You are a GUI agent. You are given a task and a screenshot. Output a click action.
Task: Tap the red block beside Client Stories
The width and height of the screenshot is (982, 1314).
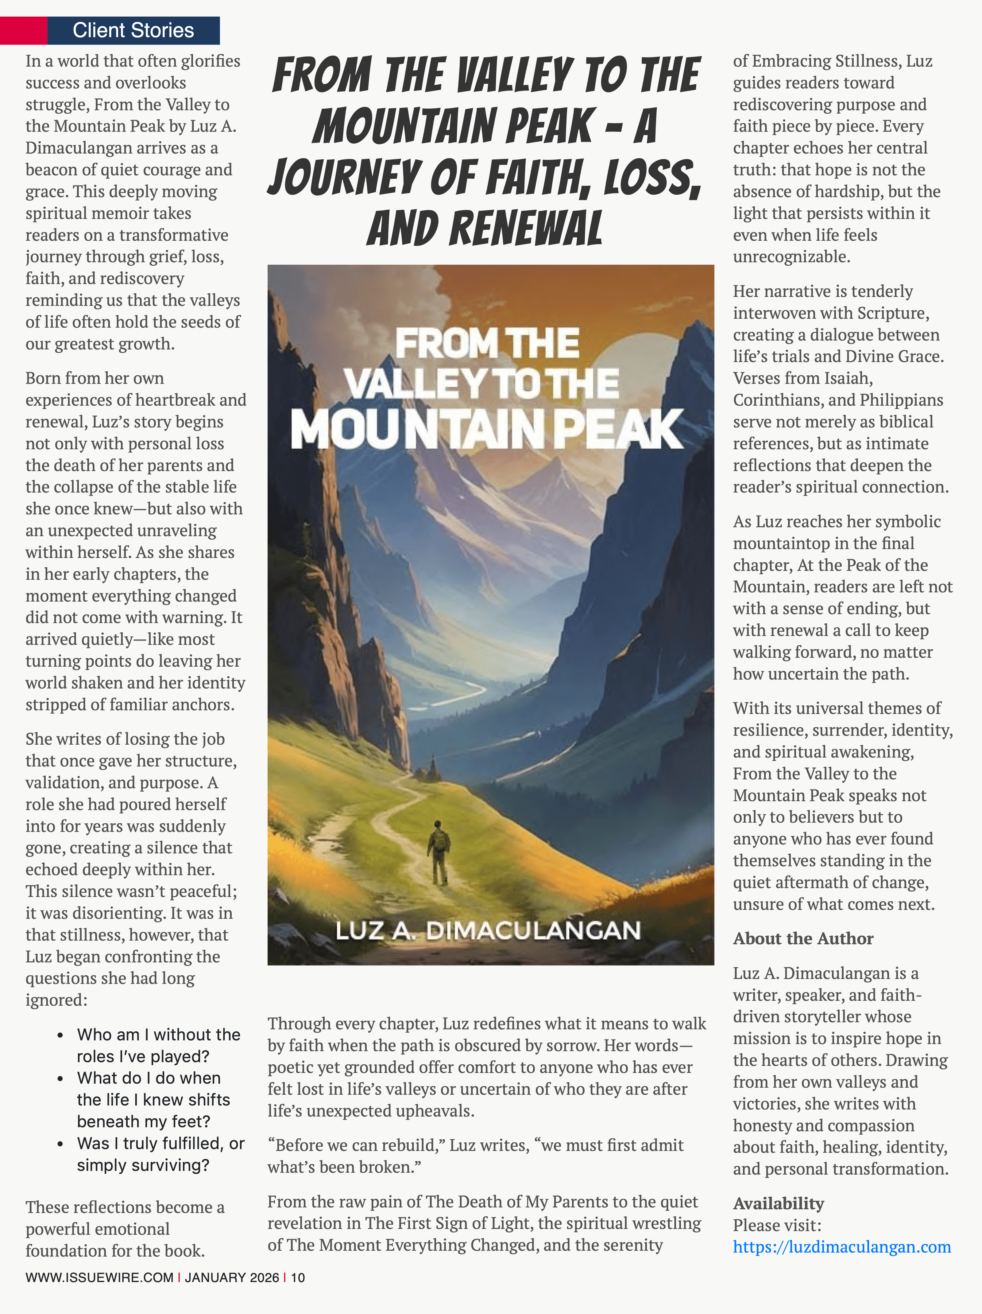coord(23,30)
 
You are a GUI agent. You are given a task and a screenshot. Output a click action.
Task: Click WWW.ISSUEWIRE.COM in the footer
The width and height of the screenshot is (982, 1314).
coord(99,1277)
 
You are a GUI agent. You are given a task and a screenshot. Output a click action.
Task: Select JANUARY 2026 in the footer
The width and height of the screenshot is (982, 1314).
coord(232,1277)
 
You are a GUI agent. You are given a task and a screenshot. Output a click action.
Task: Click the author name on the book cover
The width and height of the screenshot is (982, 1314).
coord(488,930)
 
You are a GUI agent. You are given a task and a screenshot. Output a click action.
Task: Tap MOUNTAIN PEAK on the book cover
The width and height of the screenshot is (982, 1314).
coord(487,429)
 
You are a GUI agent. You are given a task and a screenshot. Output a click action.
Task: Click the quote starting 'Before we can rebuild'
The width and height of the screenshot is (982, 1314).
coord(475,1156)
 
